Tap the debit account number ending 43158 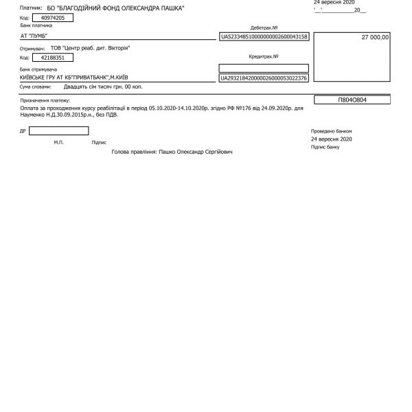264,36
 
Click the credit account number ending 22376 264,78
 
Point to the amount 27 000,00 375,38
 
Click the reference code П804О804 352,100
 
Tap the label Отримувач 35,49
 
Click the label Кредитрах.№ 263,57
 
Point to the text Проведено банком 331,130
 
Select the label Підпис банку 325,147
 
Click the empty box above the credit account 264,68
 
